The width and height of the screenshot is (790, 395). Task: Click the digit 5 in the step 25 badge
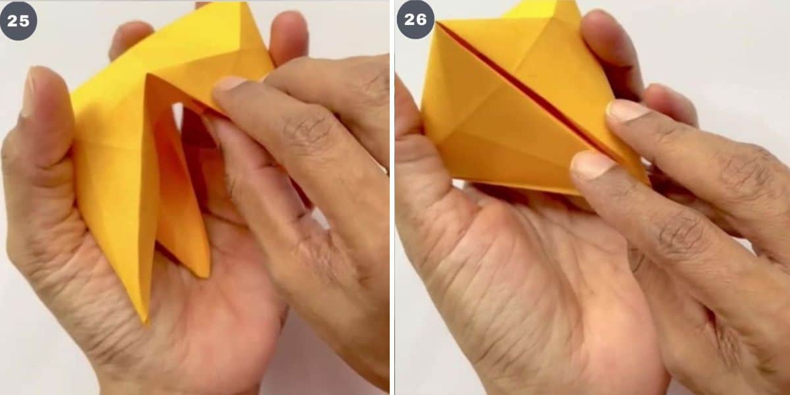coord(24,21)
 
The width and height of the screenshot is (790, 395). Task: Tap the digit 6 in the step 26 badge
coord(421,20)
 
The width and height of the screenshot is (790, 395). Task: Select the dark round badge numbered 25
coord(18,21)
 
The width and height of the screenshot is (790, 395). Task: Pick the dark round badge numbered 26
coord(415,20)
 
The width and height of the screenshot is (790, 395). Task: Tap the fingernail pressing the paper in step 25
coord(230,84)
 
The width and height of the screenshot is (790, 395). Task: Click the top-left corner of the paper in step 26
coord(436,23)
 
